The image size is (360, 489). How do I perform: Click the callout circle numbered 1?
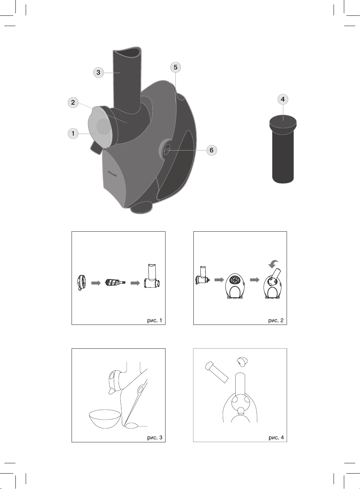pos(73,133)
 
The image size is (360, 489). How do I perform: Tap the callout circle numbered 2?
pos(73,102)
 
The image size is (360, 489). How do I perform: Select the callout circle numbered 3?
pos(98,72)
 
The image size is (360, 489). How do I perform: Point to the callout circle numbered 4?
pos(283,99)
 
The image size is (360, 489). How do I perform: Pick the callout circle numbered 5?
pos(176,67)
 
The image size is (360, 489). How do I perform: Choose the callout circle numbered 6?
pos(212,150)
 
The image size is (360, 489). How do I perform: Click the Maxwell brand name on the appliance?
pos(112,174)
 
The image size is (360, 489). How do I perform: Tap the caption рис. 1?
pos(154,320)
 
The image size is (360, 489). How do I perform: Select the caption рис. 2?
pos(276,320)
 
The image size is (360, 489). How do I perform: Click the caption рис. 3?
pos(155,438)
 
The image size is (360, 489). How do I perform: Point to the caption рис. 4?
pos(276,438)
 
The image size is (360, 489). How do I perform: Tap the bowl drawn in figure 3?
pos(105,419)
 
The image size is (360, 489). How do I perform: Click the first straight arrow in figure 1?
pos(96,283)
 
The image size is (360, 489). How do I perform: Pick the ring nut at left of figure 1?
pos(81,283)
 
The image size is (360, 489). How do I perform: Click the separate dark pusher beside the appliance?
pos(283,149)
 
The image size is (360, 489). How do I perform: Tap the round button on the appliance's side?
pos(166,151)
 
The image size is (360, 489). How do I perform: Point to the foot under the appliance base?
pos(141,208)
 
